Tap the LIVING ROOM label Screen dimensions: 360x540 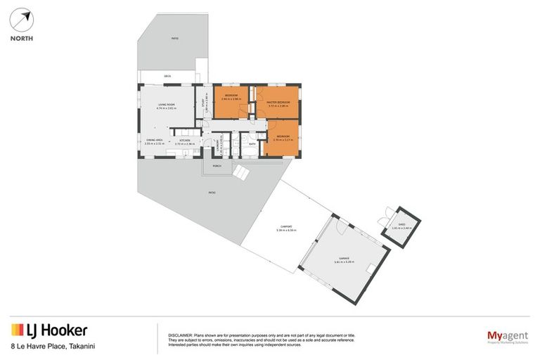[166, 105]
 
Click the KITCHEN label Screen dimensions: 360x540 [184, 141]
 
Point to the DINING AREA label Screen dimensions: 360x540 [155, 141]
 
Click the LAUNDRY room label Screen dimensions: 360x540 [221, 143]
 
